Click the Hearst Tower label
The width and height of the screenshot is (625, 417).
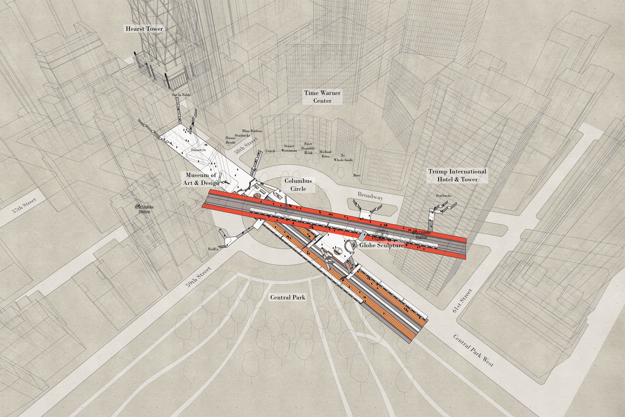pyautogui.click(x=144, y=29)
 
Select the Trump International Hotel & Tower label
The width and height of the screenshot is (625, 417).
pyautogui.click(x=457, y=175)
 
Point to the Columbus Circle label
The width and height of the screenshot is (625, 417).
pyautogui.click(x=298, y=185)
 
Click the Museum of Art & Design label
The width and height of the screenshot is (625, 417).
pyautogui.click(x=201, y=179)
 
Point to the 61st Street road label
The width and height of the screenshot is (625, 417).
pyautogui.click(x=462, y=301)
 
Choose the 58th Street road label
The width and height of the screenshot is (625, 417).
pyautogui.click(x=246, y=146)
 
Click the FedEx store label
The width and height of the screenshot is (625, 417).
pyautogui.click(x=213, y=249)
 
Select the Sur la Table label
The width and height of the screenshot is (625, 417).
pyautogui.click(x=181, y=95)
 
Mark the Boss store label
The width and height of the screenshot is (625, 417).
pyautogui.click(x=357, y=175)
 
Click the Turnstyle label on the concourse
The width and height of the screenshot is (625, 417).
pyautogui.click(x=198, y=150)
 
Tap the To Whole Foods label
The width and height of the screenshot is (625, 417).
pyautogui.click(x=343, y=158)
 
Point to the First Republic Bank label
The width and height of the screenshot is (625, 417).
pyautogui.click(x=308, y=148)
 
